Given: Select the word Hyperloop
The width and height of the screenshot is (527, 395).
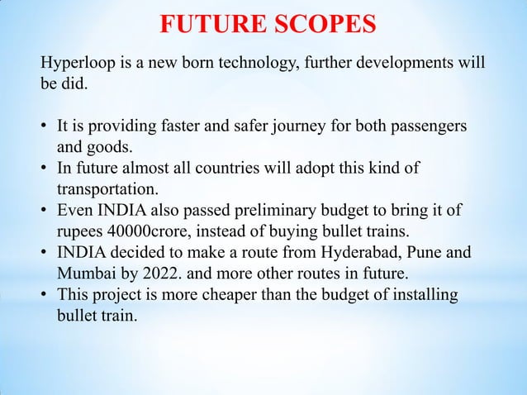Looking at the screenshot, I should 78,64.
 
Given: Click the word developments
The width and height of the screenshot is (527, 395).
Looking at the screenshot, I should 394,64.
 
